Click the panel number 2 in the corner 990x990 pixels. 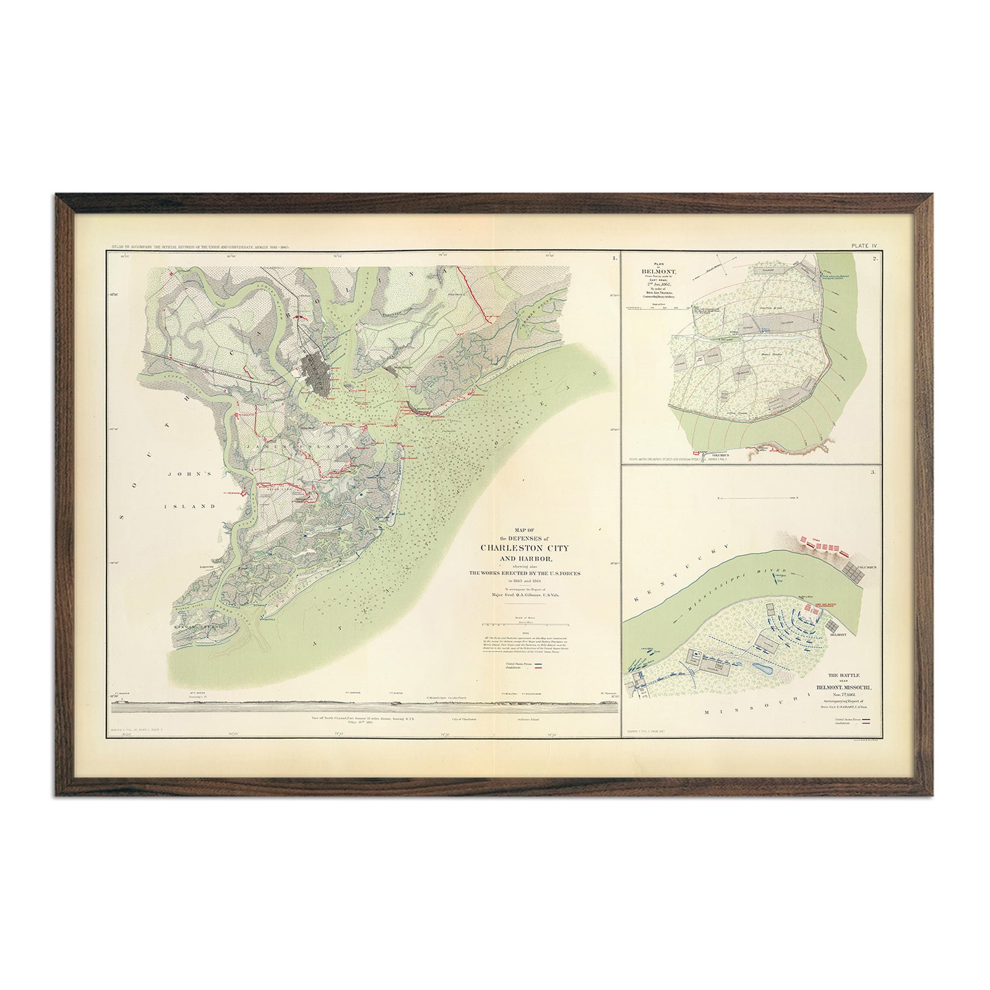[x=876, y=259]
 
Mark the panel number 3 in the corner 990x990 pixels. [x=873, y=473]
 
